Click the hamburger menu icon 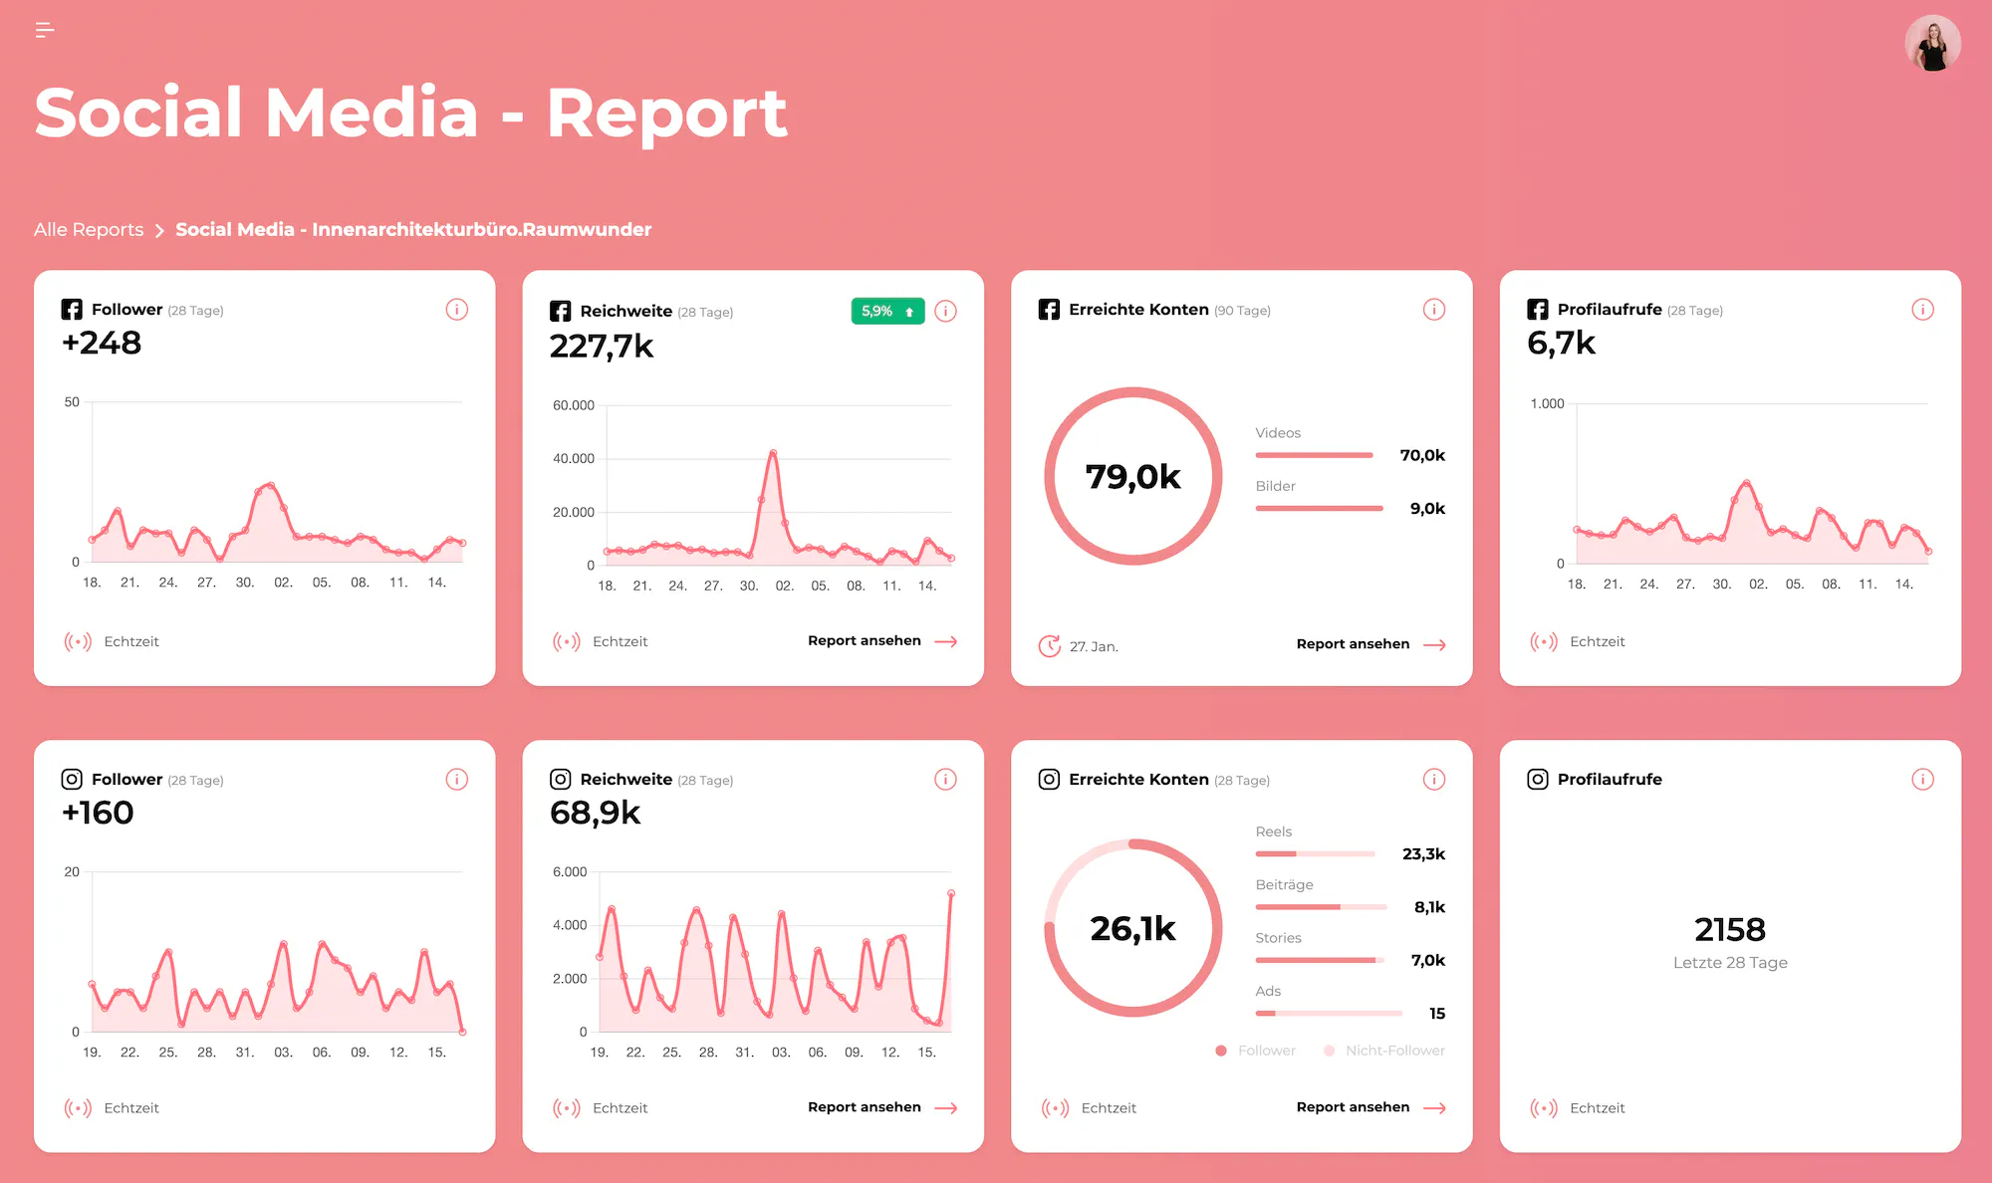(45, 30)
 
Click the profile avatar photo (1932, 44)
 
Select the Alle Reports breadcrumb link (89, 229)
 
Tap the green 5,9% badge (886, 312)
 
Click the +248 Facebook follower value (102, 343)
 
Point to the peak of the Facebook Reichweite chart (773, 453)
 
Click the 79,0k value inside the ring (1132, 477)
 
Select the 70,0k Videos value (1422, 455)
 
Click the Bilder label (1275, 486)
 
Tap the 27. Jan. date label (1094, 646)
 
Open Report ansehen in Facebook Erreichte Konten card (1370, 644)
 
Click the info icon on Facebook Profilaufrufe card (1922, 310)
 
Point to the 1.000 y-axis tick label (1547, 403)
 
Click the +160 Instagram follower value (98, 813)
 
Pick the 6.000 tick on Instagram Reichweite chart (570, 871)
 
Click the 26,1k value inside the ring (1132, 928)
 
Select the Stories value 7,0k (1427, 960)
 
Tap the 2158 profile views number (1730, 929)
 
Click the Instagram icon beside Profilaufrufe (1538, 779)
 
